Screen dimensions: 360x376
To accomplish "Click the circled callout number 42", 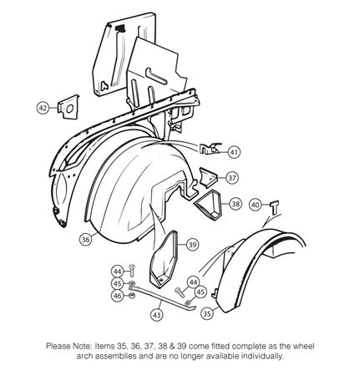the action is point(43,108).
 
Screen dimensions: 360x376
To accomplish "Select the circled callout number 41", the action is point(234,152).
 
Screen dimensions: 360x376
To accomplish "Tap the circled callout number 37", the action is point(232,178).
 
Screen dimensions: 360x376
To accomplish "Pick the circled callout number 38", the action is point(236,204).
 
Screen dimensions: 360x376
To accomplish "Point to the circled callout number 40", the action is point(256,205).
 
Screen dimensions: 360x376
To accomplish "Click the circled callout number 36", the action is point(86,239).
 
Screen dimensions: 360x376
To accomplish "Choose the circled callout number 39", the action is point(192,245).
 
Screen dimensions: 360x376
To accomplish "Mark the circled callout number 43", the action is point(157,315).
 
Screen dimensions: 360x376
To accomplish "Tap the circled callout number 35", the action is point(207,314).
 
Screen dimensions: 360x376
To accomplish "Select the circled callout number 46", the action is point(118,295).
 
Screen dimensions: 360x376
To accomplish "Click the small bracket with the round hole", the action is point(68,107).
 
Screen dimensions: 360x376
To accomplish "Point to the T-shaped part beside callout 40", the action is point(275,207).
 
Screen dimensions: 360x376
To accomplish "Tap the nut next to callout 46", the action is point(132,295).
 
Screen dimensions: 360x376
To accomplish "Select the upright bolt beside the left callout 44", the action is point(132,270).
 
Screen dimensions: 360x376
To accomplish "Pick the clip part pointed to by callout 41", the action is point(210,149).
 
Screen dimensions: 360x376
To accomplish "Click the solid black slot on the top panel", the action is point(120,28).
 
